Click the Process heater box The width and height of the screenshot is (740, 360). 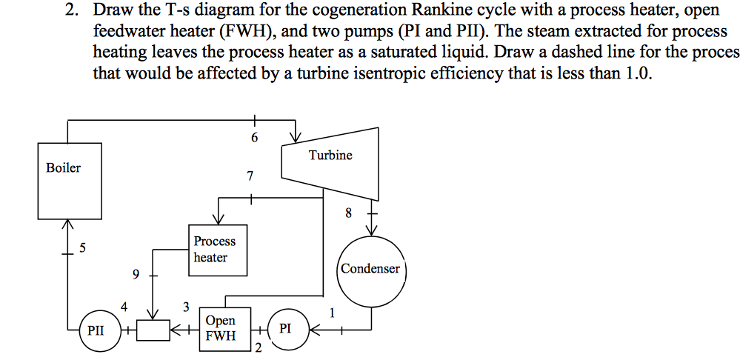(216, 250)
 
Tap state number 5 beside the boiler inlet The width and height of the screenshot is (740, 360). (83, 248)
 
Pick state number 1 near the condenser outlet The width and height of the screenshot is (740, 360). (333, 313)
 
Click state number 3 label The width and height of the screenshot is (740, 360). (186, 306)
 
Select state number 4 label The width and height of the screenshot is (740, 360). (124, 306)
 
